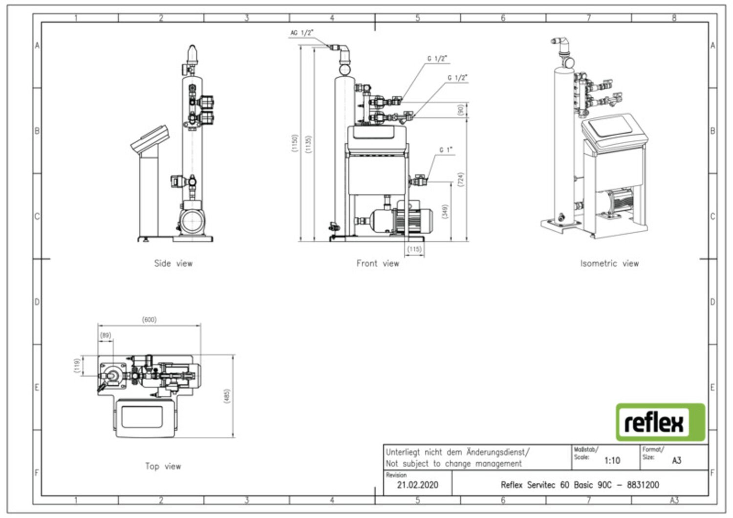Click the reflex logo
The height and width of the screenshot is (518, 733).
pyautogui.click(x=660, y=422)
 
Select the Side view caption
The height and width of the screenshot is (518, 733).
pyautogui.click(x=173, y=263)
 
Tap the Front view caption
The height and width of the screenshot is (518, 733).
pyautogui.click(x=377, y=263)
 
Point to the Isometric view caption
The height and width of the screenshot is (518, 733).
pyautogui.click(x=609, y=263)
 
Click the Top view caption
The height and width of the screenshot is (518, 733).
pyautogui.click(x=163, y=466)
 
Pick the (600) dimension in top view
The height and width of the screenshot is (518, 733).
pyautogui.click(x=149, y=319)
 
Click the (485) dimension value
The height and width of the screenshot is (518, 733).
pyautogui.click(x=226, y=396)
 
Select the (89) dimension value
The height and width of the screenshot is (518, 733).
pyautogui.click(x=106, y=335)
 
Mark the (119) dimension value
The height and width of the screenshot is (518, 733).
pyautogui.click(x=77, y=365)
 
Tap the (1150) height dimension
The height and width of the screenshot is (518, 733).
pyautogui.click(x=294, y=144)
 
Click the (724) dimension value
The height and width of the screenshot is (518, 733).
pyautogui.click(x=460, y=179)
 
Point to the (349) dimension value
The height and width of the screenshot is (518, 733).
pyautogui.click(x=444, y=211)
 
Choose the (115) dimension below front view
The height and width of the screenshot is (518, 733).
pyautogui.click(x=414, y=249)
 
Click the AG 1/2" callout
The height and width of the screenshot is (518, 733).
pyautogui.click(x=302, y=33)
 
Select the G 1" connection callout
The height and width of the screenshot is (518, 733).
pyautogui.click(x=445, y=150)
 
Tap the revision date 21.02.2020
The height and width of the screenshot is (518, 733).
pyautogui.click(x=417, y=485)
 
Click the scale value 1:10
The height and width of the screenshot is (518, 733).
pyautogui.click(x=612, y=460)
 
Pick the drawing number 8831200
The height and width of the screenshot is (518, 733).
pyautogui.click(x=643, y=485)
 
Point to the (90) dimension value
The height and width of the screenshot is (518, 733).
pyautogui.click(x=460, y=110)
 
